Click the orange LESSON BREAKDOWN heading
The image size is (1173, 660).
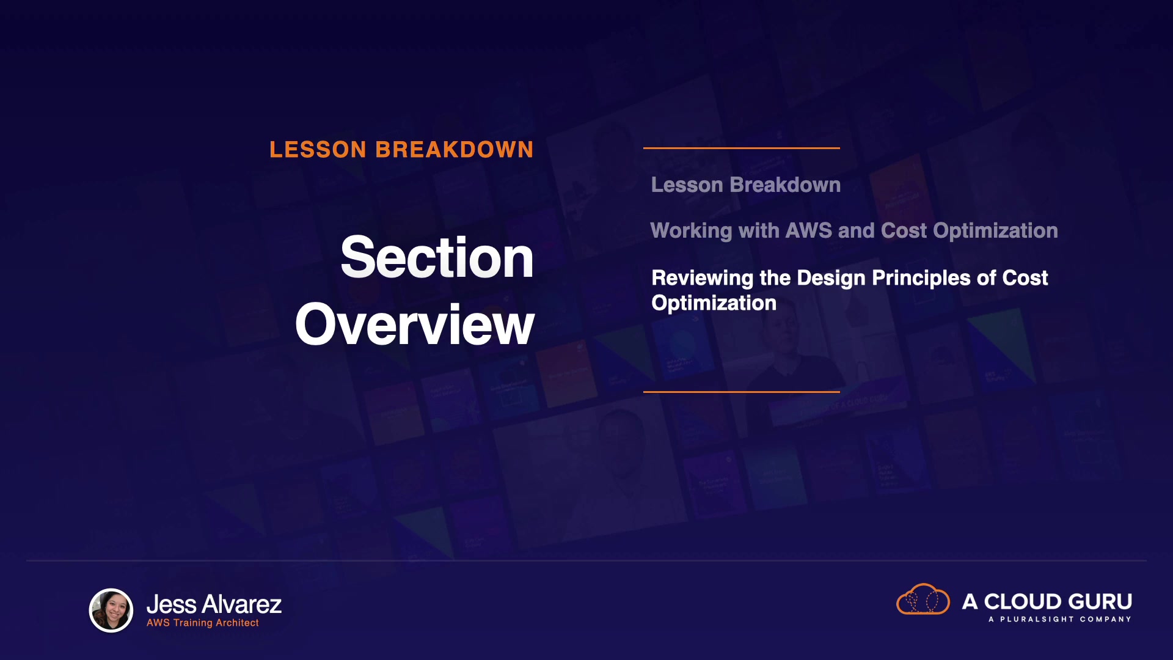[401, 150]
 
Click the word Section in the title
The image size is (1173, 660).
[437, 257]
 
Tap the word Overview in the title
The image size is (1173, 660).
[415, 324]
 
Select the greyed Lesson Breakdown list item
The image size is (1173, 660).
[746, 185]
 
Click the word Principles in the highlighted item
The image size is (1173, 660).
[921, 278]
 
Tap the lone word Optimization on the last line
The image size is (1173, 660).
[714, 303]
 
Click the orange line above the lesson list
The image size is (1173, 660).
[742, 148]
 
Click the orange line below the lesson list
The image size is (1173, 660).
[742, 392]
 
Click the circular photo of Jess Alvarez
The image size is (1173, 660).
[111, 610]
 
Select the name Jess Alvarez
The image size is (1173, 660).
[214, 604]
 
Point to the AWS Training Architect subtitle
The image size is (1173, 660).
[203, 623]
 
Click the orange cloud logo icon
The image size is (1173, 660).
[923, 599]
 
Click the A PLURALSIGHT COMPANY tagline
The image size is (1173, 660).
[1060, 619]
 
